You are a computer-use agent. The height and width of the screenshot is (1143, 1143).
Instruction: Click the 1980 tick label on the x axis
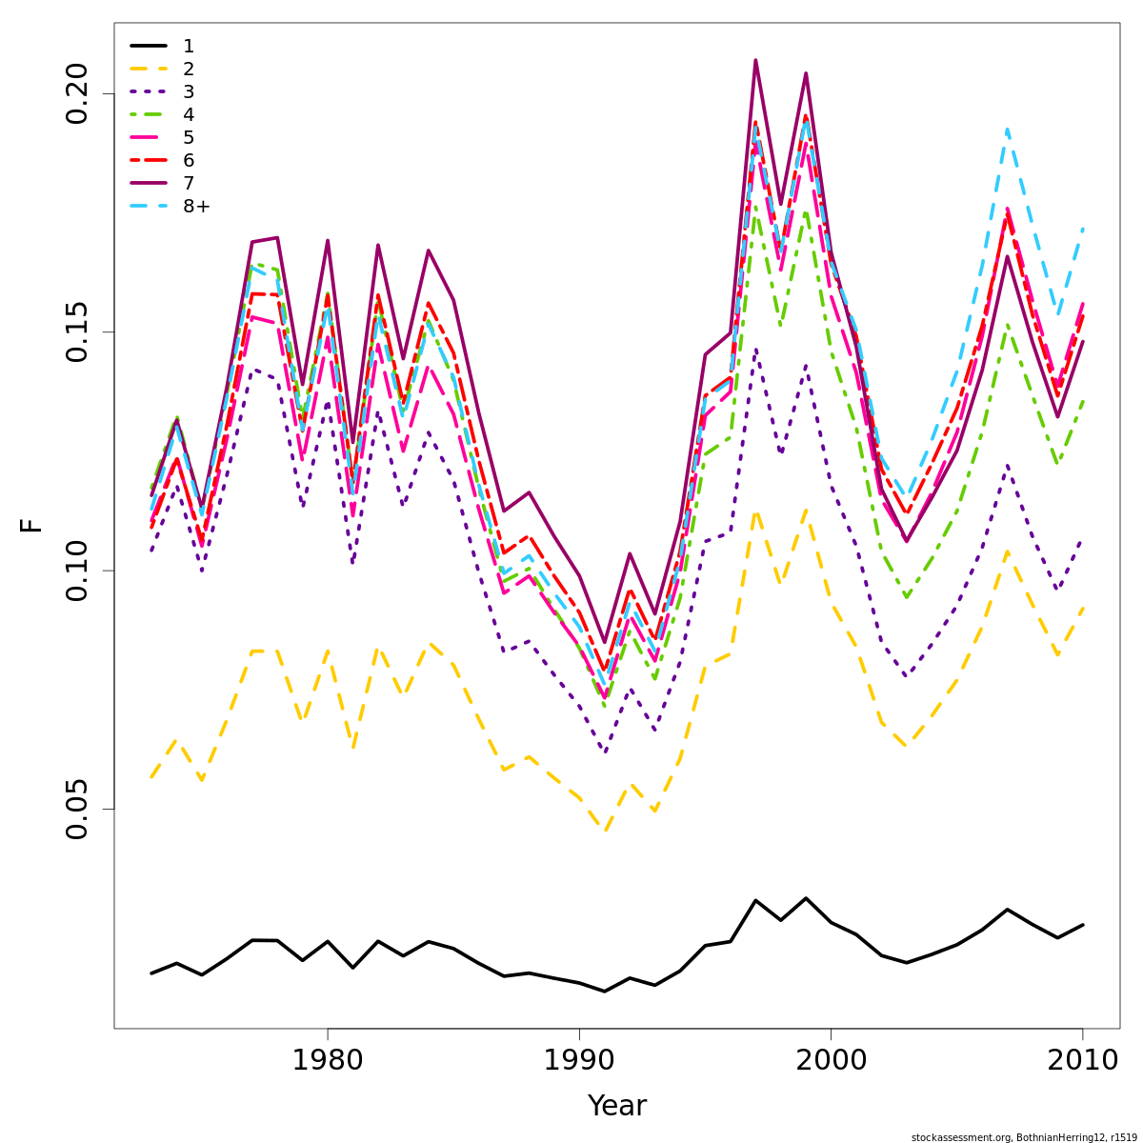pyautogui.click(x=328, y=1060)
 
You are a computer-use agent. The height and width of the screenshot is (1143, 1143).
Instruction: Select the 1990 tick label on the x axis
pyautogui.click(x=579, y=1060)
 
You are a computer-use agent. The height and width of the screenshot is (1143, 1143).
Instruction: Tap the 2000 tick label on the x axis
pyautogui.click(x=831, y=1060)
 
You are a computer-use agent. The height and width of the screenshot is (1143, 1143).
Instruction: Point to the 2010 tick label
pyautogui.click(x=1082, y=1060)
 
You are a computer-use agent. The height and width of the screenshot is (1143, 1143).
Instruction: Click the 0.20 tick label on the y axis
pyautogui.click(x=76, y=93)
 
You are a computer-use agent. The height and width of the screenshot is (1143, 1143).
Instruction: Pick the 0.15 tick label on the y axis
pyautogui.click(x=76, y=331)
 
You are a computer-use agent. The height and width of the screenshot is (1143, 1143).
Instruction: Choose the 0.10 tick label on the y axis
pyautogui.click(x=76, y=571)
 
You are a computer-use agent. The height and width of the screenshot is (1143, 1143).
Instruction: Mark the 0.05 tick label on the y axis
pyautogui.click(x=76, y=809)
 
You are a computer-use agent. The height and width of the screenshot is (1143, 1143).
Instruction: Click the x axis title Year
pyautogui.click(x=616, y=1106)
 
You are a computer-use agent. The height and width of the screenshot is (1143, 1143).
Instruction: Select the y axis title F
pyautogui.click(x=31, y=525)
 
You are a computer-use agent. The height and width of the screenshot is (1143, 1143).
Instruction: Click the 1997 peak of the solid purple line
pyautogui.click(x=755, y=60)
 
